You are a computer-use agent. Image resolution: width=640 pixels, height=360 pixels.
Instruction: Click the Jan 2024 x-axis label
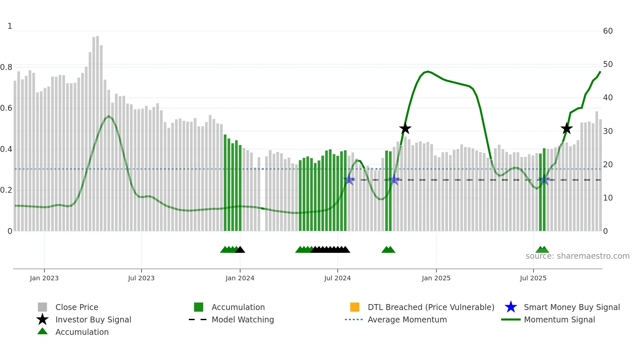pyautogui.click(x=240, y=278)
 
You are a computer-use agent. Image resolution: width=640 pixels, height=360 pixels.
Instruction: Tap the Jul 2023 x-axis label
pyautogui.click(x=141, y=278)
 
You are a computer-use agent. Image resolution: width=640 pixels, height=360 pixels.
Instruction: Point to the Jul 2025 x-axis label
pyautogui.click(x=533, y=278)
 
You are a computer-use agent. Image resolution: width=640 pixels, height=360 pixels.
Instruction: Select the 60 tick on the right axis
pyautogui.click(x=608, y=31)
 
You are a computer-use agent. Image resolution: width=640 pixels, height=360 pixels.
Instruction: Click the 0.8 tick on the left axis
pyautogui.click(x=6, y=67)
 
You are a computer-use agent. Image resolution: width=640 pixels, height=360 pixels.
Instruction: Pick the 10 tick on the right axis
pyautogui.click(x=608, y=198)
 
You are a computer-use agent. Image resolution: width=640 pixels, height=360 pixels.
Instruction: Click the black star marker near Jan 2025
pyautogui.click(x=405, y=129)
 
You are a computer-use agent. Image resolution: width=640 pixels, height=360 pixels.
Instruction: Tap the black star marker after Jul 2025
pyautogui.click(x=567, y=129)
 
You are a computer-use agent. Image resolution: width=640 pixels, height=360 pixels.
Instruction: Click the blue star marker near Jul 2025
pyautogui.click(x=544, y=180)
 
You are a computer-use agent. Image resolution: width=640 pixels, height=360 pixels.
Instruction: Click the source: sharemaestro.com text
pyautogui.click(x=577, y=256)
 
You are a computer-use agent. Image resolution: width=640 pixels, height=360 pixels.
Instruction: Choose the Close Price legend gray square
pyautogui.click(x=42, y=307)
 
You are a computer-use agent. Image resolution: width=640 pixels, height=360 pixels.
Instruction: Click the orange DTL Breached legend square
pyautogui.click(x=355, y=307)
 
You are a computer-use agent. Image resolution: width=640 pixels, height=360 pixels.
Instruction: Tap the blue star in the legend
pyautogui.click(x=511, y=307)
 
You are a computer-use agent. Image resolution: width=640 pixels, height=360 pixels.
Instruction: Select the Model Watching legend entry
pyautogui.click(x=242, y=319)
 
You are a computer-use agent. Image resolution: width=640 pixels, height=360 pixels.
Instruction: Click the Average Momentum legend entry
pyautogui.click(x=407, y=319)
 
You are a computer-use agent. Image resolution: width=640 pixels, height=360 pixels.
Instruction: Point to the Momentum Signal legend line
pyautogui.click(x=511, y=319)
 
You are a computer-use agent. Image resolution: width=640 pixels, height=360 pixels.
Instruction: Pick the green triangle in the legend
pyautogui.click(x=42, y=332)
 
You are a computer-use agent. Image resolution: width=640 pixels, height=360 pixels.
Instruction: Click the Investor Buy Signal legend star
pyautogui.click(x=42, y=319)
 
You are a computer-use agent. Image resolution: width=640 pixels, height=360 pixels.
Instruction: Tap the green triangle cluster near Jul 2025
pyautogui.click(x=542, y=250)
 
